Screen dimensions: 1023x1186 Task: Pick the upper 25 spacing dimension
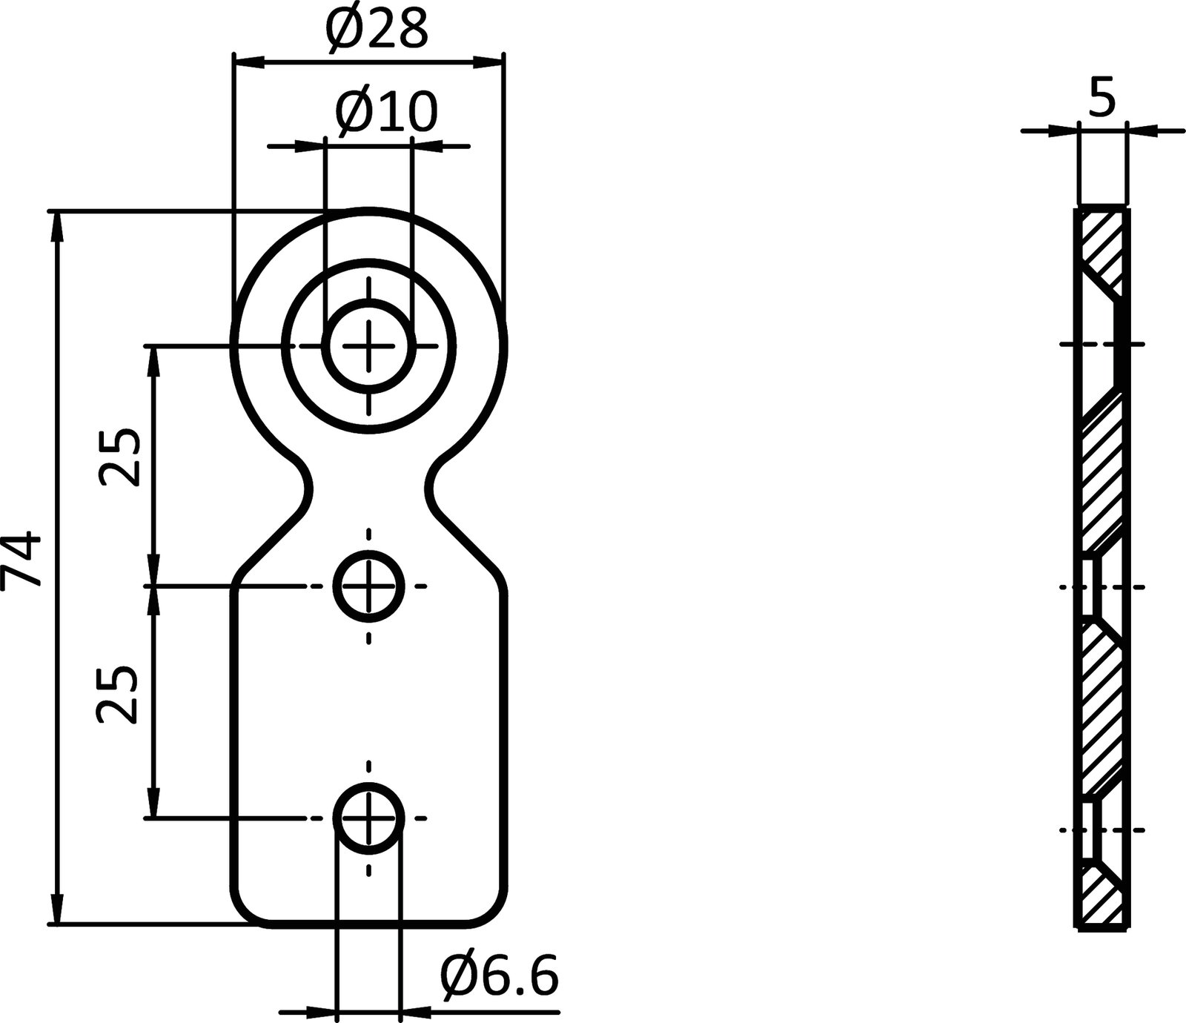point(120,457)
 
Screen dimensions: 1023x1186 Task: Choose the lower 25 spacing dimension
point(117,694)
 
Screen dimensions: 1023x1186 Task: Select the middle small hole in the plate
point(368,586)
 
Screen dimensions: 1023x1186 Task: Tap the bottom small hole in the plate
point(368,818)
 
